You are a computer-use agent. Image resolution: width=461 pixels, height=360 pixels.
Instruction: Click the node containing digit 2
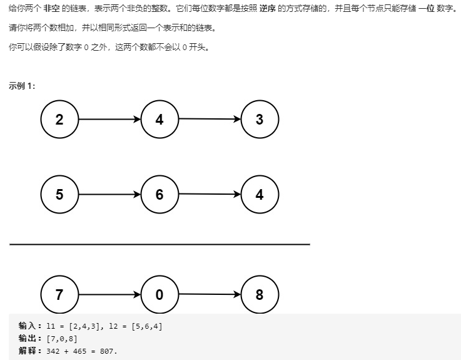pyautogui.click(x=59, y=119)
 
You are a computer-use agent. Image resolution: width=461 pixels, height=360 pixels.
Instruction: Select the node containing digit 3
pyautogui.click(x=260, y=119)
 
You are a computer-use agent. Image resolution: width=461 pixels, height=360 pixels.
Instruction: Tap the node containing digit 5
pyautogui.click(x=59, y=194)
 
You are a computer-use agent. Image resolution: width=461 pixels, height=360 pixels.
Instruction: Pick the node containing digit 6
pyautogui.click(x=160, y=194)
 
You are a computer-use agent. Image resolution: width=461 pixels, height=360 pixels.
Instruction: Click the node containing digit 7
pyautogui.click(x=59, y=294)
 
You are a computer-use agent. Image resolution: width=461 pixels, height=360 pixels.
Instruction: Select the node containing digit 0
pyautogui.click(x=160, y=294)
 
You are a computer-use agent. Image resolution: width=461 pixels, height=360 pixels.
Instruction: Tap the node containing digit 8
pyautogui.click(x=260, y=294)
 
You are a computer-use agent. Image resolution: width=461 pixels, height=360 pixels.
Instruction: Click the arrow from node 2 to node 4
pyautogui.click(x=109, y=119)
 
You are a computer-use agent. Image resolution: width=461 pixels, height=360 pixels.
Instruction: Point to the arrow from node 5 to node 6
pyautogui.click(x=109, y=194)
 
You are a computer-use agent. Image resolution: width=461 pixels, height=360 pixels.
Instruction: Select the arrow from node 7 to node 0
pyautogui.click(x=109, y=294)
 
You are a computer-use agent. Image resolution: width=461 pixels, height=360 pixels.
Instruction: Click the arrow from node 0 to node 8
pyautogui.click(x=210, y=294)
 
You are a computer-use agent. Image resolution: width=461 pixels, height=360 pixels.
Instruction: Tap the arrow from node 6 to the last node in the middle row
pyautogui.click(x=210, y=194)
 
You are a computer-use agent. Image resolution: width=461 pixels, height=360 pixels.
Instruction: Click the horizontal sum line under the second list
pyautogui.click(x=160, y=244)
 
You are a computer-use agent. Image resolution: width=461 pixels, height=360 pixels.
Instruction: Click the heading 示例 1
pyautogui.click(x=22, y=86)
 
